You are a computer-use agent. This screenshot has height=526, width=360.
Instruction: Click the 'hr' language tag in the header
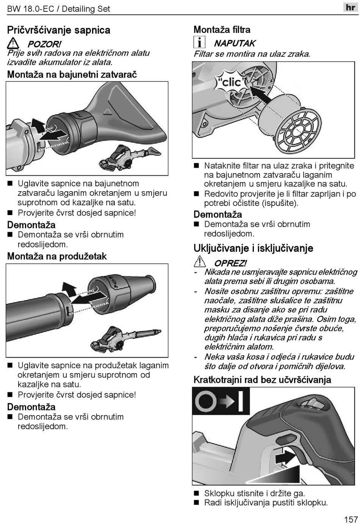point(350,7)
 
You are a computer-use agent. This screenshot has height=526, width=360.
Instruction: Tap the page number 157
point(351,519)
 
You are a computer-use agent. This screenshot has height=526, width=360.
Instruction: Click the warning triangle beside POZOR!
point(13,43)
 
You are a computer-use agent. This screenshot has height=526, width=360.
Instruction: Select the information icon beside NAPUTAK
point(199,42)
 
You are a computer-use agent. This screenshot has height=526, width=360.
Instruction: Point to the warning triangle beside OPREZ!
point(199,261)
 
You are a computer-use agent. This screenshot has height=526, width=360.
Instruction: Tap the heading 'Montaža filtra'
point(222,30)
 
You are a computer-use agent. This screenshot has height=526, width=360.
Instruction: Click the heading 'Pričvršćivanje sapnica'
point(58,30)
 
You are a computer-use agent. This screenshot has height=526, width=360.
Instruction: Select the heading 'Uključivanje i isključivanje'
point(253,248)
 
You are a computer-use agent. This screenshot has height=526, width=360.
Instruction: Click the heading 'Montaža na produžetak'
point(57,256)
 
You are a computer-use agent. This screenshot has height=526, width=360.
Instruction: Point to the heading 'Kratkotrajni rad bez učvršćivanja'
point(262,380)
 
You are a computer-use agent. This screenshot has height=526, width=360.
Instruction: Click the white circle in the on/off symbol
point(205,401)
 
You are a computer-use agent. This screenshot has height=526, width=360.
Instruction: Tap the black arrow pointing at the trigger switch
point(285,457)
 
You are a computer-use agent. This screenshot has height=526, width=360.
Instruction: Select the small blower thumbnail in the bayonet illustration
point(130,156)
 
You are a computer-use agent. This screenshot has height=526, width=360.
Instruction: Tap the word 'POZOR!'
point(44,44)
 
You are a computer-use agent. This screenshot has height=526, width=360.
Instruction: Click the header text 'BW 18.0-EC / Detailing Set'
point(58,9)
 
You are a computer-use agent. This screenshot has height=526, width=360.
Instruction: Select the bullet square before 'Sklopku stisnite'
point(196,493)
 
